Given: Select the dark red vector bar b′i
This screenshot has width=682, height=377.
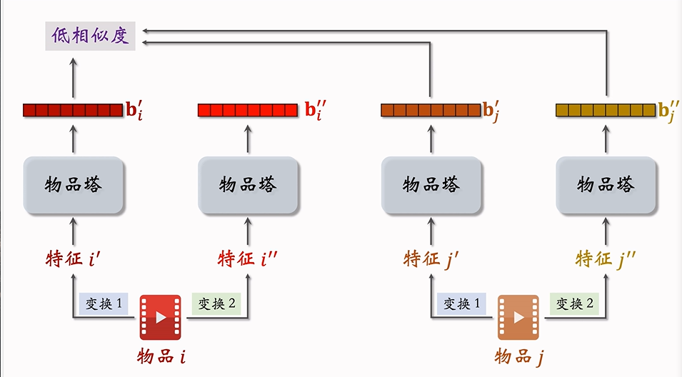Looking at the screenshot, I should (73, 110).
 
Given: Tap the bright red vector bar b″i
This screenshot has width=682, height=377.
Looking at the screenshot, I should (247, 110).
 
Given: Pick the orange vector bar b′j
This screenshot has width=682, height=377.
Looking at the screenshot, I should (431, 110).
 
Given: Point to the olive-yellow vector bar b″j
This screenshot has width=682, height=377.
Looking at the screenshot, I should (605, 110).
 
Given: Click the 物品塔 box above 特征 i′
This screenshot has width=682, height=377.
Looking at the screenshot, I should (74, 185).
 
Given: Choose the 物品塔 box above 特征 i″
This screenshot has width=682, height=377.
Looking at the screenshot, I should (248, 185).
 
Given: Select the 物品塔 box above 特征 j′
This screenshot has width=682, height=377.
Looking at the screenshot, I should (431, 185).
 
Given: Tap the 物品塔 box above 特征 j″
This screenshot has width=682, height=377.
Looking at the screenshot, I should (606, 185).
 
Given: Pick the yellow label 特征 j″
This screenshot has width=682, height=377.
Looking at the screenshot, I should (606, 258).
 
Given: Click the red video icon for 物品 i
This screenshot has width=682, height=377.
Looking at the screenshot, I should (160, 316).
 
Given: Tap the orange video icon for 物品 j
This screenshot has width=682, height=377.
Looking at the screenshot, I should (518, 316).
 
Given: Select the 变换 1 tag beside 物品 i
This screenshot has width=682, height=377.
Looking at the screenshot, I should (101, 303).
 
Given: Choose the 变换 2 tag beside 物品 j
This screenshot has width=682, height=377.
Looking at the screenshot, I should (575, 303).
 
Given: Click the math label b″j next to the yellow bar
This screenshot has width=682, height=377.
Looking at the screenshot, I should (669, 111).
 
